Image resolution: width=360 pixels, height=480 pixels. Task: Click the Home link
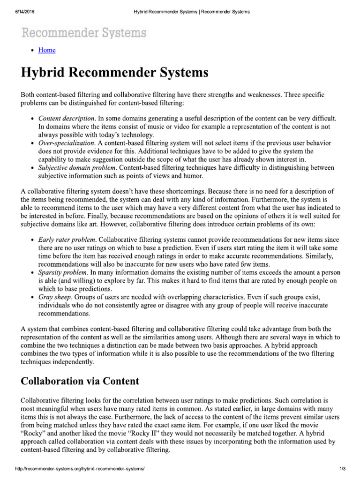(47, 50)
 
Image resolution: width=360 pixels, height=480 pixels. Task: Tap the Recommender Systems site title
(83, 33)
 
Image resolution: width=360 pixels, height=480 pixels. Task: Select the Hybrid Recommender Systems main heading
(115, 74)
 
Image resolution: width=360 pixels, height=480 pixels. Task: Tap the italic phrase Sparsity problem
(63, 272)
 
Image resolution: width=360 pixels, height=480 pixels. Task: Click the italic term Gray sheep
(55, 297)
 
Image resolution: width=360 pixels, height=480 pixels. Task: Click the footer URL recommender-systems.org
(80, 469)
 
